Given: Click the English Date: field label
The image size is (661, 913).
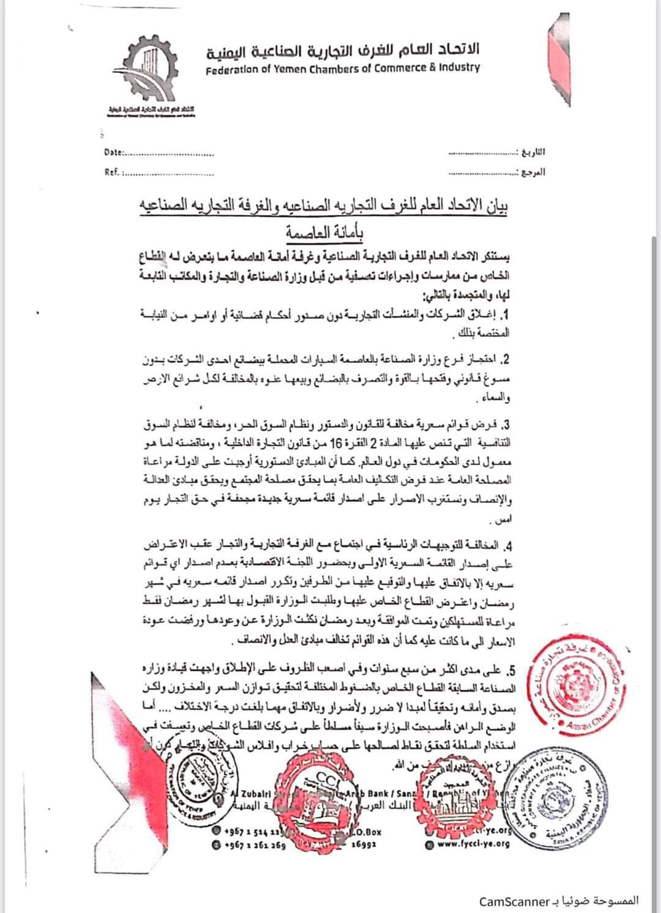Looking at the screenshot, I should (114, 152).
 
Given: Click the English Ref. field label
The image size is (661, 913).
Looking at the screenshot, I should (112, 173).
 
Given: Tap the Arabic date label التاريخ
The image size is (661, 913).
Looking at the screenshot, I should (532, 152).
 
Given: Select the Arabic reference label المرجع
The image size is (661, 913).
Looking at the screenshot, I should (532, 173).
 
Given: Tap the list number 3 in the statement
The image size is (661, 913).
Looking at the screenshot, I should (506, 425).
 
